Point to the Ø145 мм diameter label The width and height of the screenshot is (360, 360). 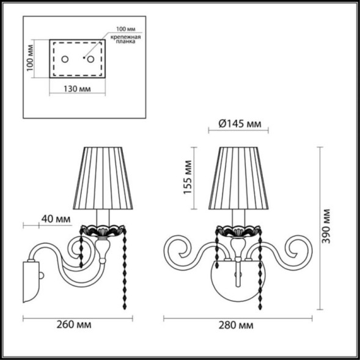pos(239,125)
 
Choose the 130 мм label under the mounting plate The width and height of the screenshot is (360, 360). pos(76,89)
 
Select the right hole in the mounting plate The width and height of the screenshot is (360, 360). pos(90,59)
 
